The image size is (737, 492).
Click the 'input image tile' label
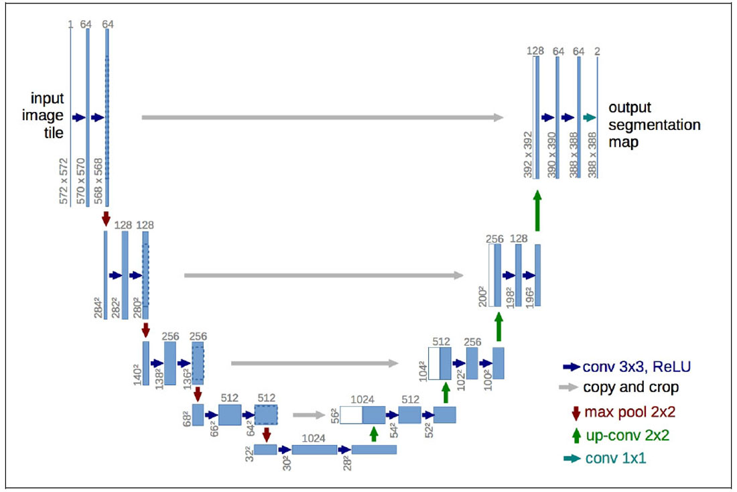43,115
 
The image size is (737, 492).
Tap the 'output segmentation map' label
655,125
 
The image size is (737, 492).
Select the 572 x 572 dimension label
64,181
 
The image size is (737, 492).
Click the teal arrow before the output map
590,117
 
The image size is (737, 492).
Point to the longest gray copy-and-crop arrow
322,117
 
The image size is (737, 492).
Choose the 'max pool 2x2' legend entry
630,412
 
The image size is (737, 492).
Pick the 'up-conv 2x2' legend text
628,435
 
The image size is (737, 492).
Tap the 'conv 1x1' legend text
616,458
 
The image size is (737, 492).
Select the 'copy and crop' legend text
630,387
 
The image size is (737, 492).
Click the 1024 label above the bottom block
314,438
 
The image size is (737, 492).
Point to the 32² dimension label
250,453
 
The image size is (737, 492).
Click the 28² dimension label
347,463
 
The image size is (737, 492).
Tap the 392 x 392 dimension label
529,155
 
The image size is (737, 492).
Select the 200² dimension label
483,296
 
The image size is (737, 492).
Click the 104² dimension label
423,371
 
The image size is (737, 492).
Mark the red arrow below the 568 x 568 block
106,219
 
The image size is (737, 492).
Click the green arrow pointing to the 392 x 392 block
538,210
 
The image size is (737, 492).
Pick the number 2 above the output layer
597,51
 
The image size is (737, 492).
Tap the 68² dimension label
187,419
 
